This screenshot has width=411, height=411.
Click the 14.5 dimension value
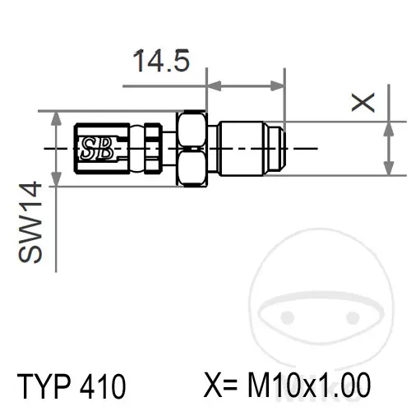pos(161,61)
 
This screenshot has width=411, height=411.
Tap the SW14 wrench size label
pos(30,222)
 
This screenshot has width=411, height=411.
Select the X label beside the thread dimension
pos(363,103)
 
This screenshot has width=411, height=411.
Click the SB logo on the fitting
pos(97,148)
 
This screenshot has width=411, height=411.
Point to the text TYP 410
pos(72,386)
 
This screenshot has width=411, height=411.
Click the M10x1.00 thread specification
pos(309,385)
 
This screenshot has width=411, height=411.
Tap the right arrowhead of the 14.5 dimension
pos(277,86)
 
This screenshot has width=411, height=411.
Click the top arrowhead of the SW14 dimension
pos(56,119)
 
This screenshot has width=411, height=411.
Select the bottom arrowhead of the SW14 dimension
pos(56,178)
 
